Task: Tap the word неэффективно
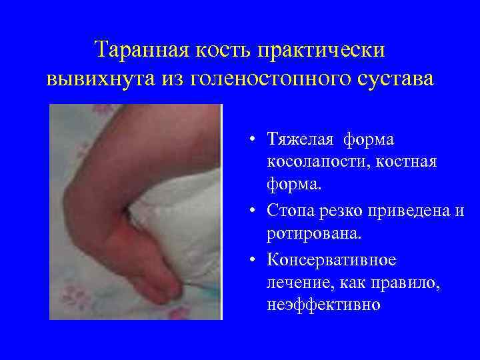pos(323,305)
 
